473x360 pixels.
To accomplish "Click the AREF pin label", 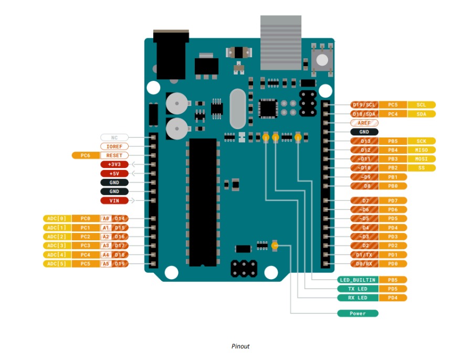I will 364,123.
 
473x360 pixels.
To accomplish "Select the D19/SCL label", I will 364,105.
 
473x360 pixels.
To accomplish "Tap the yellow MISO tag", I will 421,150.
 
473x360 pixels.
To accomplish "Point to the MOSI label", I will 421,159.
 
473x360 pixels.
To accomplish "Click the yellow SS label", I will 421,168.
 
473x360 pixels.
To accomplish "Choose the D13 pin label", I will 364,141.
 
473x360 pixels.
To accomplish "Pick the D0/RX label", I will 364,263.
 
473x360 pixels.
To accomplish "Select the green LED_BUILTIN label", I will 358,280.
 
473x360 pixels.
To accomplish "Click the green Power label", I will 358,313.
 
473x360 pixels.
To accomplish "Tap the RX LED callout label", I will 358,298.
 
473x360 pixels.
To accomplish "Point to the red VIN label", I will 114,200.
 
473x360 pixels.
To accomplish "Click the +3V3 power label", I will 114,164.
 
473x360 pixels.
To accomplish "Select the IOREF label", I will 114,146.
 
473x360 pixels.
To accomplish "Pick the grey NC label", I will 114,137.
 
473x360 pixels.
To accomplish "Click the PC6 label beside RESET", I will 85,155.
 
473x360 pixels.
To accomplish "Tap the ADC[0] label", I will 56,218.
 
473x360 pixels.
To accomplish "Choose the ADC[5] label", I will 56,263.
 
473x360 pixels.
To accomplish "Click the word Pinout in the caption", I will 240,346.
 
